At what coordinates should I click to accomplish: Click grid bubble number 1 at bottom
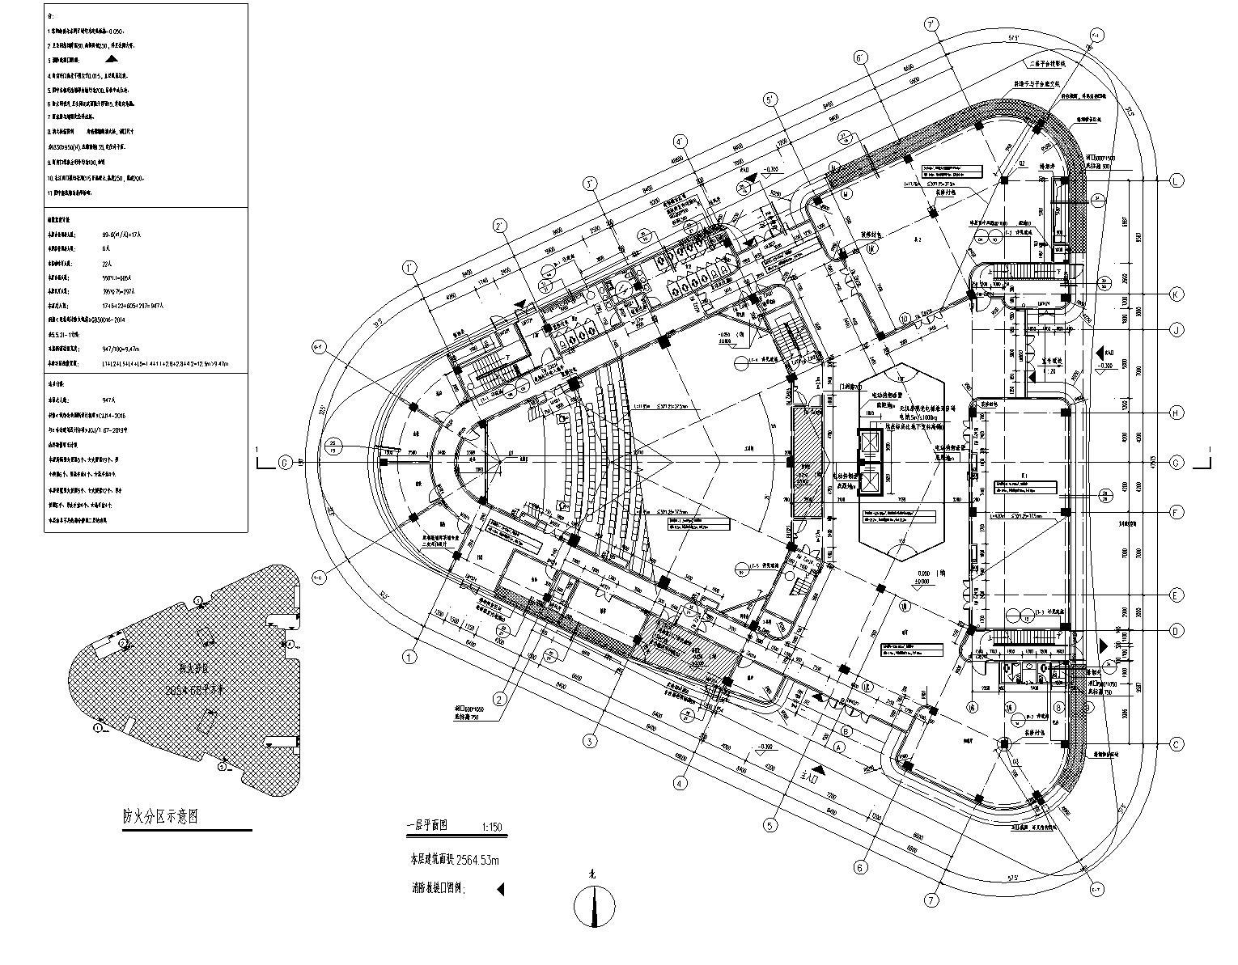click(x=410, y=658)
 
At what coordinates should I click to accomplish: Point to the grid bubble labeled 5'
click(x=770, y=99)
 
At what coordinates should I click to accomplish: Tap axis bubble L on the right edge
click(x=1177, y=180)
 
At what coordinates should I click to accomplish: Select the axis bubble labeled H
click(x=1177, y=413)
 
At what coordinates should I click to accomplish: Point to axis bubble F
click(x=1177, y=512)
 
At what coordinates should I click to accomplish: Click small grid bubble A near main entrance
click(x=839, y=747)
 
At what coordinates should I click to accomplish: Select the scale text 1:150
click(x=492, y=827)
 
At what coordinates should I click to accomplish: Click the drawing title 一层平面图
click(x=426, y=827)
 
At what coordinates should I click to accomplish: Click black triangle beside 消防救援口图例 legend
click(x=500, y=889)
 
